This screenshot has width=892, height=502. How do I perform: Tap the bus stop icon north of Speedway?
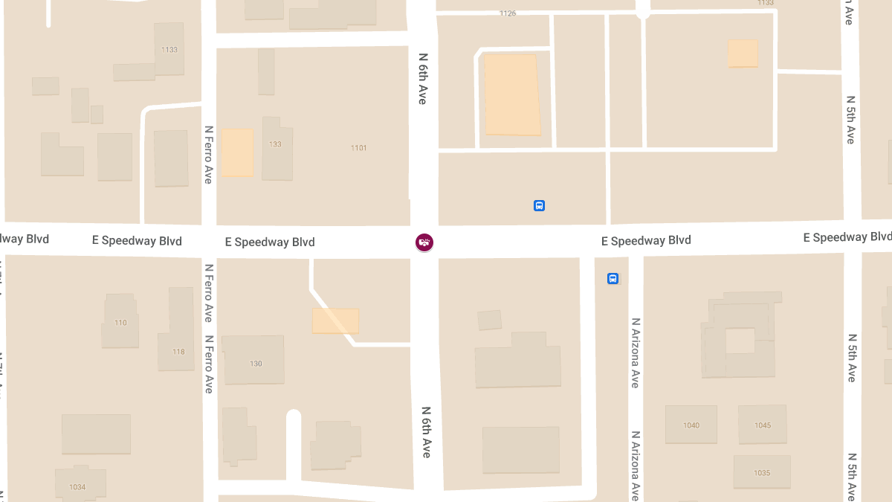pyautogui.click(x=540, y=205)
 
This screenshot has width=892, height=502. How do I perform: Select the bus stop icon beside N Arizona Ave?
pyautogui.click(x=613, y=279)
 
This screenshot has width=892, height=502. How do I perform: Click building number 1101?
pyautogui.click(x=358, y=148)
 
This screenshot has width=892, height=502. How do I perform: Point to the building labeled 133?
pyautogui.click(x=276, y=144)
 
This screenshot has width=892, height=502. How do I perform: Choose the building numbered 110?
pyautogui.click(x=120, y=323)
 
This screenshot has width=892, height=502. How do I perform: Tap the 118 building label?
pyautogui.click(x=178, y=352)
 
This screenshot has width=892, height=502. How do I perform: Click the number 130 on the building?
pyautogui.click(x=256, y=364)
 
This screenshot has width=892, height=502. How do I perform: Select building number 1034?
pyautogui.click(x=77, y=487)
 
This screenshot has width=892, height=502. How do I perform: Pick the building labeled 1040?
pyautogui.click(x=691, y=425)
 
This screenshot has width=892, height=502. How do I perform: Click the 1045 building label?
pyautogui.click(x=763, y=425)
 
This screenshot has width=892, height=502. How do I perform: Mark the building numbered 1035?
pyautogui.click(x=762, y=473)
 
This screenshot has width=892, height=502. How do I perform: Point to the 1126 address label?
pyautogui.click(x=508, y=13)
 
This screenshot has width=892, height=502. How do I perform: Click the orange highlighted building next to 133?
pyautogui.click(x=238, y=152)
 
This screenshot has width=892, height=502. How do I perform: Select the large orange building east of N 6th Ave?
pyautogui.click(x=512, y=94)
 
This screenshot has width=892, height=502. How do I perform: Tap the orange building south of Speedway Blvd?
pyautogui.click(x=335, y=321)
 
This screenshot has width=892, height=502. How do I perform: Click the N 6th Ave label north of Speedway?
pyautogui.click(x=422, y=78)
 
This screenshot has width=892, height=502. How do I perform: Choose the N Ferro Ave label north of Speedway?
pyautogui.click(x=209, y=154)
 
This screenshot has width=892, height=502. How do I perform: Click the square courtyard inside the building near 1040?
pyautogui.click(x=740, y=341)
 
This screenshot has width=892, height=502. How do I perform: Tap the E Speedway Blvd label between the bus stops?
pyautogui.click(x=646, y=240)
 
